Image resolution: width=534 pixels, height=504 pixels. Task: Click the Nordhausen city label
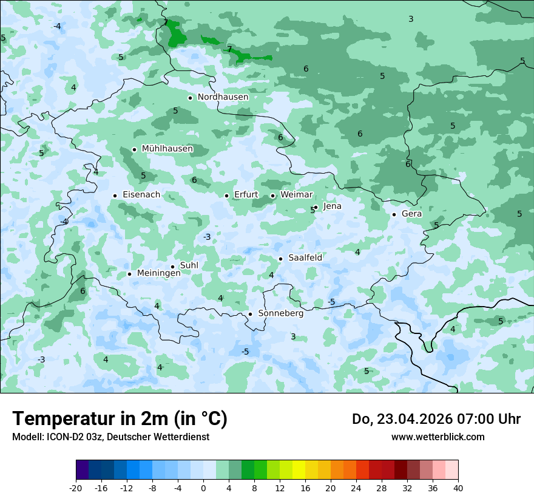coord(223,97)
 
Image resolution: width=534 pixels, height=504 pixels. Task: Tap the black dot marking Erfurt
coord(226,196)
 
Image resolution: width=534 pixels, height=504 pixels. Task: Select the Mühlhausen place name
coord(167,149)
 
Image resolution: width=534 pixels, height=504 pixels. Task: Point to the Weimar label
coord(297,195)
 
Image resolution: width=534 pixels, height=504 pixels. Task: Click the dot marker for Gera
coord(394,214)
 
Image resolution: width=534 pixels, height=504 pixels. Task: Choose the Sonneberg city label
coord(280,314)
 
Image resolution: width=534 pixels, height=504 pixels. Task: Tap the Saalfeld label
coord(305,258)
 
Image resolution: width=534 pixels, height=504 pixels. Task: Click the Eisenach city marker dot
coord(115,196)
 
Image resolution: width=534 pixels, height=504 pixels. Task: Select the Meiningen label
coord(158,274)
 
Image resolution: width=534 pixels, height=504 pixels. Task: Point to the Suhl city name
coord(189,265)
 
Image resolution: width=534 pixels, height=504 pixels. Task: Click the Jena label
coord(332,206)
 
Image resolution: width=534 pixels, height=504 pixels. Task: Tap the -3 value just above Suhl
coord(207,237)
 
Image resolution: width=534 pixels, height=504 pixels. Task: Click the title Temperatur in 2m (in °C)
coord(120,419)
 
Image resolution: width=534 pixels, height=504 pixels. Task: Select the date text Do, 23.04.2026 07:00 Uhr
coord(436,419)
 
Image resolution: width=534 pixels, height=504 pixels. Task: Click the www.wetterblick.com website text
coord(438,437)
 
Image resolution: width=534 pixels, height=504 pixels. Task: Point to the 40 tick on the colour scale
coord(458,488)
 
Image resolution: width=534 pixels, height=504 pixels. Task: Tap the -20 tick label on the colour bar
coord(76,488)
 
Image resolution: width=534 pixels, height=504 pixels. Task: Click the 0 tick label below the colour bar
coord(203,488)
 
